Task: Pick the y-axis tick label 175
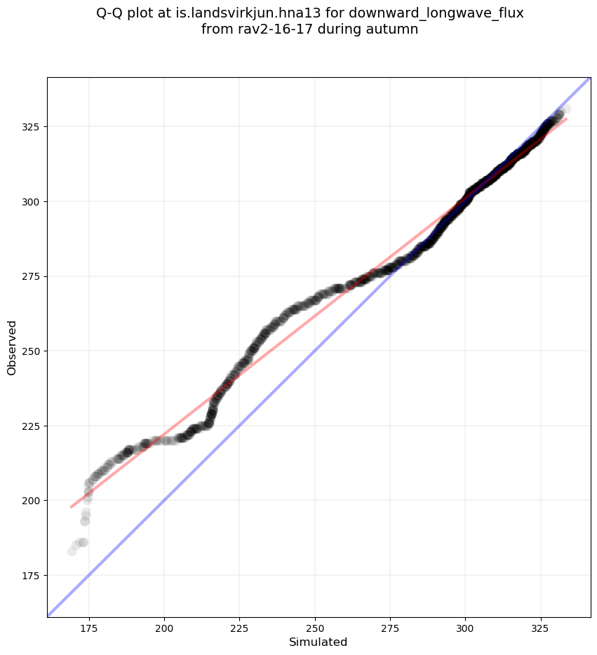tap(32, 575)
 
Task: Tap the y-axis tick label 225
tap(32, 426)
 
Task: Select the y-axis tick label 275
tap(32, 276)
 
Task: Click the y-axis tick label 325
tap(32, 127)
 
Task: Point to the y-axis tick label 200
tap(32, 500)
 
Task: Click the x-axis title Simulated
tap(318, 642)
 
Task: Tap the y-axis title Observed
tap(12, 347)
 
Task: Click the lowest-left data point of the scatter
tap(72, 551)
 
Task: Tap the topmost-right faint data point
tap(565, 109)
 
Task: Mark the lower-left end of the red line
tap(71, 507)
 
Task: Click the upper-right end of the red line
tap(567, 119)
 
